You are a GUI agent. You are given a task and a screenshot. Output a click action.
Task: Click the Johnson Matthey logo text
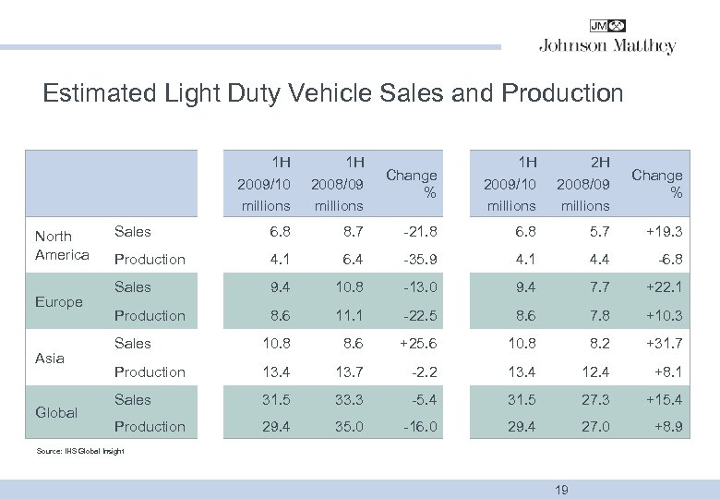pos(607,46)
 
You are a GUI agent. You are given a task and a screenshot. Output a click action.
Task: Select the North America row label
pos(62,246)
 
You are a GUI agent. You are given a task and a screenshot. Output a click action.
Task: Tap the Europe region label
pos(58,302)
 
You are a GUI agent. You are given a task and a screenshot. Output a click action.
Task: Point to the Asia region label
pos(49,358)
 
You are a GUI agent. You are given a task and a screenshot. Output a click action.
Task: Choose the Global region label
pos(55,413)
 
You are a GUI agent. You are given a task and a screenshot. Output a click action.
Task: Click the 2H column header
pos(584,161)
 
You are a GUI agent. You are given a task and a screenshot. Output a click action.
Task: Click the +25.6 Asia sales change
pos(417,343)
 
